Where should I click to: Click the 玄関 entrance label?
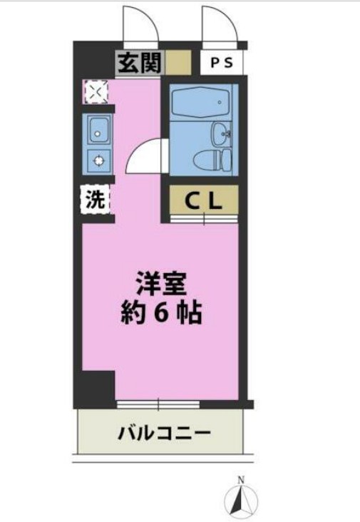tap(141, 63)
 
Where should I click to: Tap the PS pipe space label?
tap(221, 62)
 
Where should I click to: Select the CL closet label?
tap(204, 201)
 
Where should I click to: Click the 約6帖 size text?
tap(160, 313)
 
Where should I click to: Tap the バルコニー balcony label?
tap(164, 432)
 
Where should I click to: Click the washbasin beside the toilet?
tap(220, 133)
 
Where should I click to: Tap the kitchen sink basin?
tap(97, 130)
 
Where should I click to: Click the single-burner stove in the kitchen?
tap(97, 160)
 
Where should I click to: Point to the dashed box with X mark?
tap(95, 91)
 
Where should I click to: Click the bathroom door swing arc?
tap(146, 156)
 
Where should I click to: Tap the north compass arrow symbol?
tap(241, 498)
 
